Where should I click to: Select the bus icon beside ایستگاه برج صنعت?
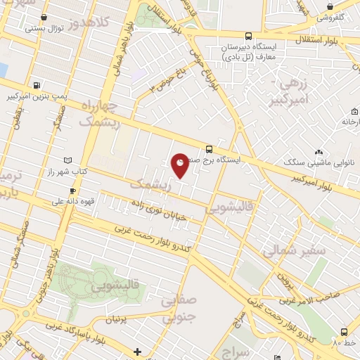click(x=209, y=149)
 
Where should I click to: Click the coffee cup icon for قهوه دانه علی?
click(x=72, y=191)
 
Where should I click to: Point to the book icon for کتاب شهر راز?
click(x=67, y=160)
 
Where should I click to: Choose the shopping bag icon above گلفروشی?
click(x=330, y=6)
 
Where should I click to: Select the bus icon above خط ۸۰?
click(x=344, y=332)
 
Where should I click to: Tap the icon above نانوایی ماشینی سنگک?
click(x=319, y=152)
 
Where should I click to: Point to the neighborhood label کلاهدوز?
click(x=109, y=23)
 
